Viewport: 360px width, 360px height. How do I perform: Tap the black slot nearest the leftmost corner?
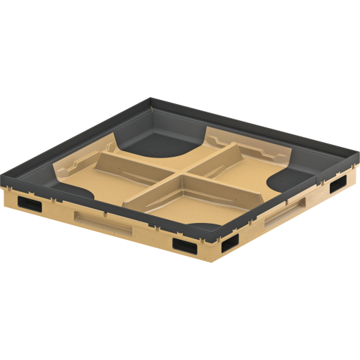coord(29,204)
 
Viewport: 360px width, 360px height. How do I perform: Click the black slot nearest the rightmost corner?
coord(337,184)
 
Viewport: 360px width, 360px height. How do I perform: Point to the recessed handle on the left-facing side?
coord(103,224)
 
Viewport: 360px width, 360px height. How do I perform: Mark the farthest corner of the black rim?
coord(152,100)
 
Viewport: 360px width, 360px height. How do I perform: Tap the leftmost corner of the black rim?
coord(4,180)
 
